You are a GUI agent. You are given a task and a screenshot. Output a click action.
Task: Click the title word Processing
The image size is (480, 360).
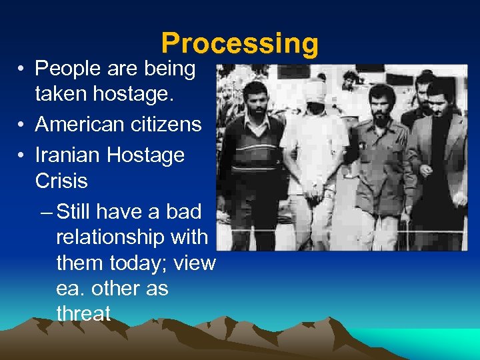click(x=240, y=43)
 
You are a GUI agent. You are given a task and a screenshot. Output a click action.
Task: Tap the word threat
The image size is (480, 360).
click(x=83, y=313)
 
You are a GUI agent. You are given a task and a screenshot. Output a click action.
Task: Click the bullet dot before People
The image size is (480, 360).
click(x=22, y=69)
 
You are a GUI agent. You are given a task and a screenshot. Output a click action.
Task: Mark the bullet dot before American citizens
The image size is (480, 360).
click(x=22, y=125)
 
